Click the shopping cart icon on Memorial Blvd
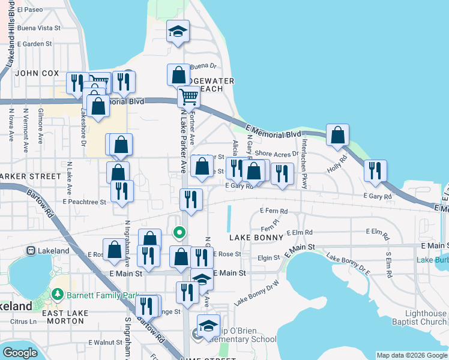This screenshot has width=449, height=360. (x=188, y=96)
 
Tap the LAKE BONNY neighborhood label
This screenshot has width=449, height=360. (x=256, y=238)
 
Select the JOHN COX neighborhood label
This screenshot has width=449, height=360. (x=37, y=73)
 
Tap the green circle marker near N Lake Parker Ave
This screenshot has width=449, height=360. (x=179, y=232)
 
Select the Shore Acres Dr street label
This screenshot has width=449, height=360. (x=277, y=155)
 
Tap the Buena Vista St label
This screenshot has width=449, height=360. (x=39, y=28)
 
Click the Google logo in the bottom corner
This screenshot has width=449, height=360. (x=20, y=352)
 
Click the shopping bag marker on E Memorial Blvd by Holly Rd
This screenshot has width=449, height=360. (x=338, y=136)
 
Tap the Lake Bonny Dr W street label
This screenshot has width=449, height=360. (x=256, y=293)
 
